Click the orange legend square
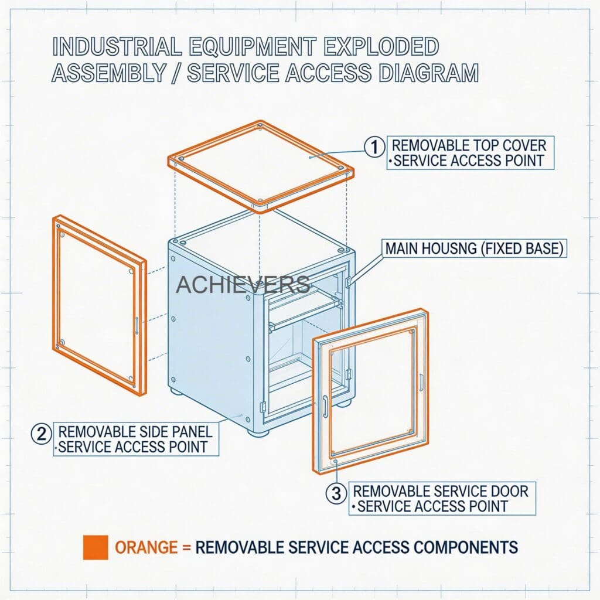(95, 547)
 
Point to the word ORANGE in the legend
(146, 548)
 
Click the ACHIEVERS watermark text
(243, 285)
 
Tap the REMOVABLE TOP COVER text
(469, 145)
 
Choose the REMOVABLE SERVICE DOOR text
(441, 490)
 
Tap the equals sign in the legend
(186, 548)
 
